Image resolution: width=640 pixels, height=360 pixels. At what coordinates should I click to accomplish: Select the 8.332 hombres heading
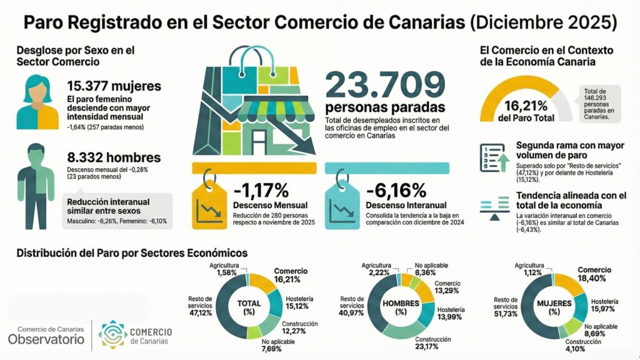tap(114, 157)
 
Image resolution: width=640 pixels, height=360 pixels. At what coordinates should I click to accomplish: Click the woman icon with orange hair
tap(37, 101)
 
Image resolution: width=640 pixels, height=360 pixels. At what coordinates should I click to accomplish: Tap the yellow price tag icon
tap(210, 204)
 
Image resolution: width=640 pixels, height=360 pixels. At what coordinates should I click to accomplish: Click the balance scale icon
tap(492, 209)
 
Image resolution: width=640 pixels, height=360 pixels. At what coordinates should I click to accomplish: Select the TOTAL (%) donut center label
tap(249, 307)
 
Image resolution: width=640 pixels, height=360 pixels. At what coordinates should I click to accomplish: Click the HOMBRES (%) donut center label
tap(401, 307)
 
